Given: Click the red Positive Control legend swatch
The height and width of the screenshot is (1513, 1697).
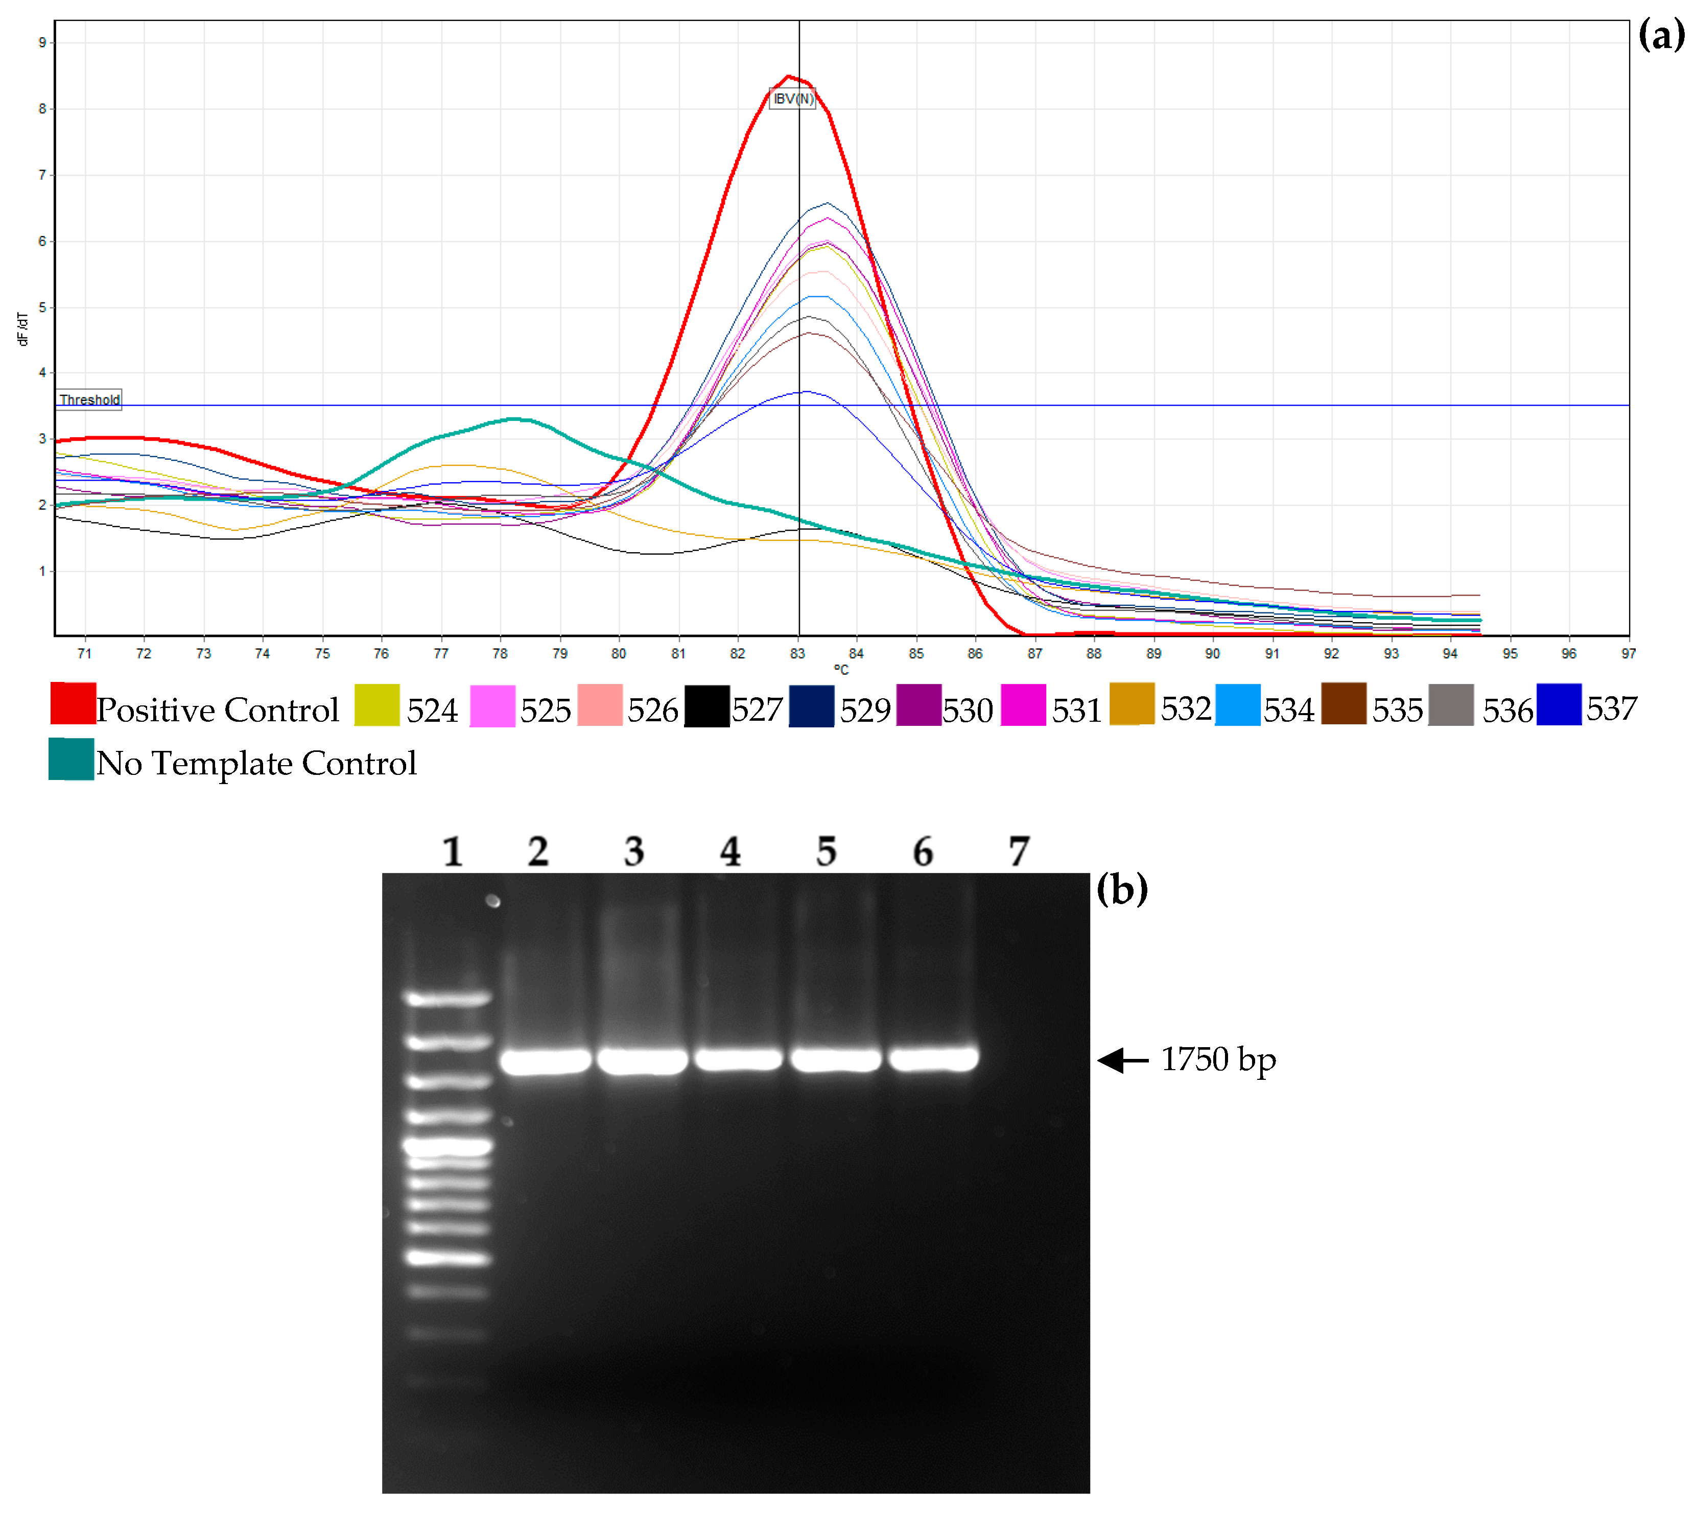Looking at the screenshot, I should coord(73,703).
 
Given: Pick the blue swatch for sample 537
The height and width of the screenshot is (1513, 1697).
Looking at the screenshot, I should coord(1558,703).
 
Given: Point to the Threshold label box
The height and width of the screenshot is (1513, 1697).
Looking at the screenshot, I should coord(89,400).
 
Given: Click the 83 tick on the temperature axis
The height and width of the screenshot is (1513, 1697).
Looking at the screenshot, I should coord(797,653).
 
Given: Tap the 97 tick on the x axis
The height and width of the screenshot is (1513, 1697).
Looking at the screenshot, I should coord(1627,653).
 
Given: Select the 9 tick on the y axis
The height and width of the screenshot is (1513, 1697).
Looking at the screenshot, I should coord(42,42).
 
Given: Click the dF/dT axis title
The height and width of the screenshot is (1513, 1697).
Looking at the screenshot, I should coord(22,329).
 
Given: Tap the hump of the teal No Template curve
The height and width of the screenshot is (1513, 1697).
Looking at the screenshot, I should coord(515,419).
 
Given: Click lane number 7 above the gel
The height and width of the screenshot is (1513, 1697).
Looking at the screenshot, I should coord(1019,852).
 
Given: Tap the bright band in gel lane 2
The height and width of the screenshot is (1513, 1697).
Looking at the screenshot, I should coord(546,1061).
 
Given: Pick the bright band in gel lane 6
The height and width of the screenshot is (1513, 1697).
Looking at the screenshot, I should coord(933,1058).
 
